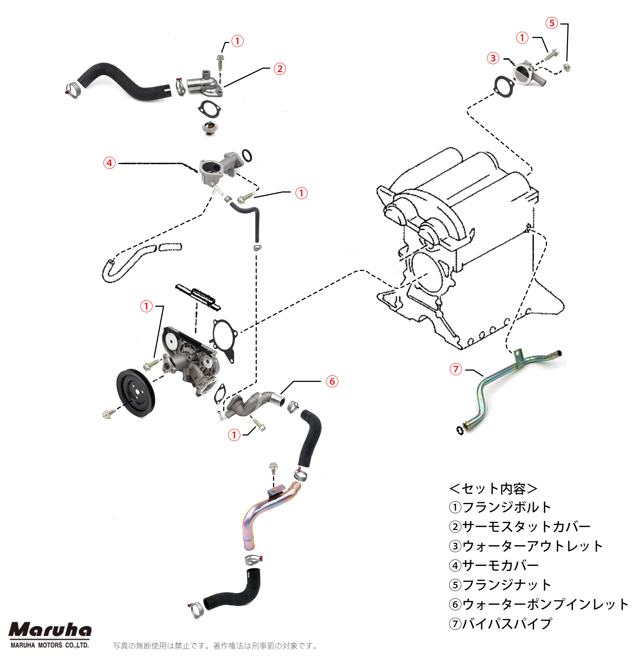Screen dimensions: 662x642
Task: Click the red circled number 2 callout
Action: [280, 69]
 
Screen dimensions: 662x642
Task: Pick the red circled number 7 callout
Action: [456, 369]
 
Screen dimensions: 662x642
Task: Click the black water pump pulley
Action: [136, 393]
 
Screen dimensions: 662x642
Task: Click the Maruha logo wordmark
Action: [50, 630]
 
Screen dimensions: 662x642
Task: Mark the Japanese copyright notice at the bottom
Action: [215, 646]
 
